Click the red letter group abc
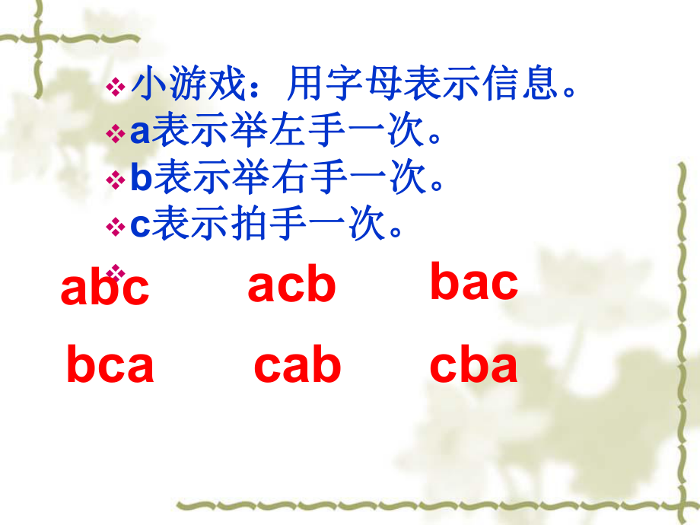pos(105,288)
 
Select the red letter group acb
pos(291,285)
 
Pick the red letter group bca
pos(110,364)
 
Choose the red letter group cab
pos(297,365)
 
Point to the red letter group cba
pos(473,365)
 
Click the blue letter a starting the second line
pos(141,134)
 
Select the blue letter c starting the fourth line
pos(141,226)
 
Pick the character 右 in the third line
pos(292,179)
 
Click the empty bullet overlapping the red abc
pos(116,271)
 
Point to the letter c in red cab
pos(269,367)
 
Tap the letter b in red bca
pos(81,364)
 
